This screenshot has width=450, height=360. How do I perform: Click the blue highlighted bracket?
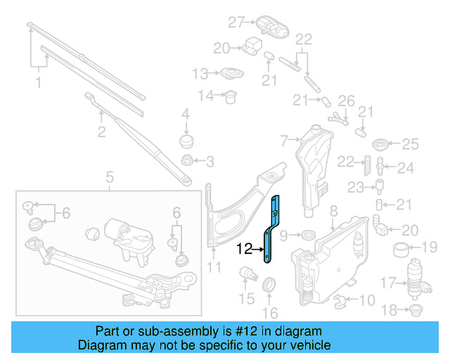[x=271, y=231]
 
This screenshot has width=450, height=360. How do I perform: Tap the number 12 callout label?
[x=245, y=248]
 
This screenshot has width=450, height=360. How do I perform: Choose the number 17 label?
[x=388, y=284]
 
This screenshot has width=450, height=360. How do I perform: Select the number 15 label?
[x=246, y=300]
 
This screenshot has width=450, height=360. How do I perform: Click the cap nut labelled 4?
[x=186, y=141]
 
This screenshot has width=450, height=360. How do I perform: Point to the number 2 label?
[x=101, y=131]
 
